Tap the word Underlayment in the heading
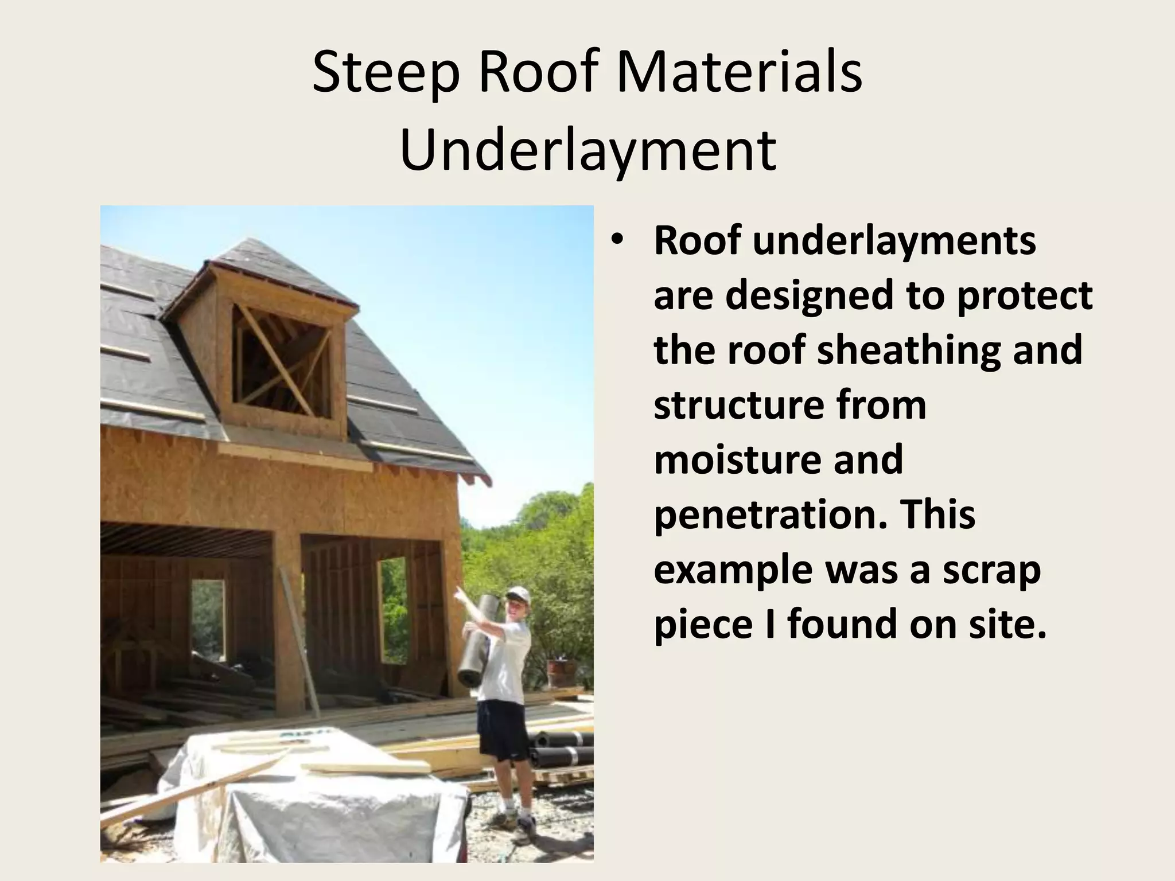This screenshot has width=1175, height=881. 587,150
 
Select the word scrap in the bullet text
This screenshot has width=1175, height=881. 991,570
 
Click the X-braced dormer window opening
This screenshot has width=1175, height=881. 281,361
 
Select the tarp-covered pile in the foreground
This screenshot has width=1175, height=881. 310,803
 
